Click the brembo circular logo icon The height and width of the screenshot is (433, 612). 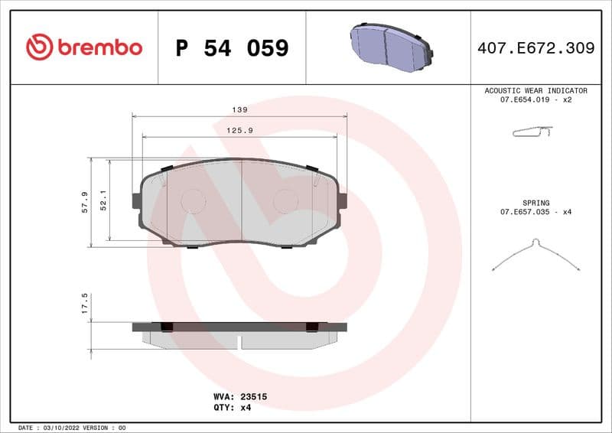[x=39, y=47]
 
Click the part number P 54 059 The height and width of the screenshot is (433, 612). [x=232, y=48]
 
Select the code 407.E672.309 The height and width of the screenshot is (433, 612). [x=535, y=48]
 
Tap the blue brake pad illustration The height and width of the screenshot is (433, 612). [x=391, y=47]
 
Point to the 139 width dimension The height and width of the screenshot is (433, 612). [x=239, y=109]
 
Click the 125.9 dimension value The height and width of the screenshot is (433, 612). [x=239, y=131]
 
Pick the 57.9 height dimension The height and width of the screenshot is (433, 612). [x=85, y=203]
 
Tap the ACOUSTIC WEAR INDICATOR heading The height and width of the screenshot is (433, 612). [x=535, y=90]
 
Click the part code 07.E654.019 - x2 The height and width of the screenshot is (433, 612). [x=535, y=99]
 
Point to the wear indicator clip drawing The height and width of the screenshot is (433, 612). [x=532, y=133]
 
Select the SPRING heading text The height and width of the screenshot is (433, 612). [x=535, y=203]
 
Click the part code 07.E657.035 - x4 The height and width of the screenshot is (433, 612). [x=535, y=212]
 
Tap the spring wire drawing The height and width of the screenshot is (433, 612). [x=535, y=255]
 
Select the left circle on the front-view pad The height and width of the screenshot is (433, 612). [x=193, y=201]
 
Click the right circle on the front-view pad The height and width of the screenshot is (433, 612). [x=286, y=201]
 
